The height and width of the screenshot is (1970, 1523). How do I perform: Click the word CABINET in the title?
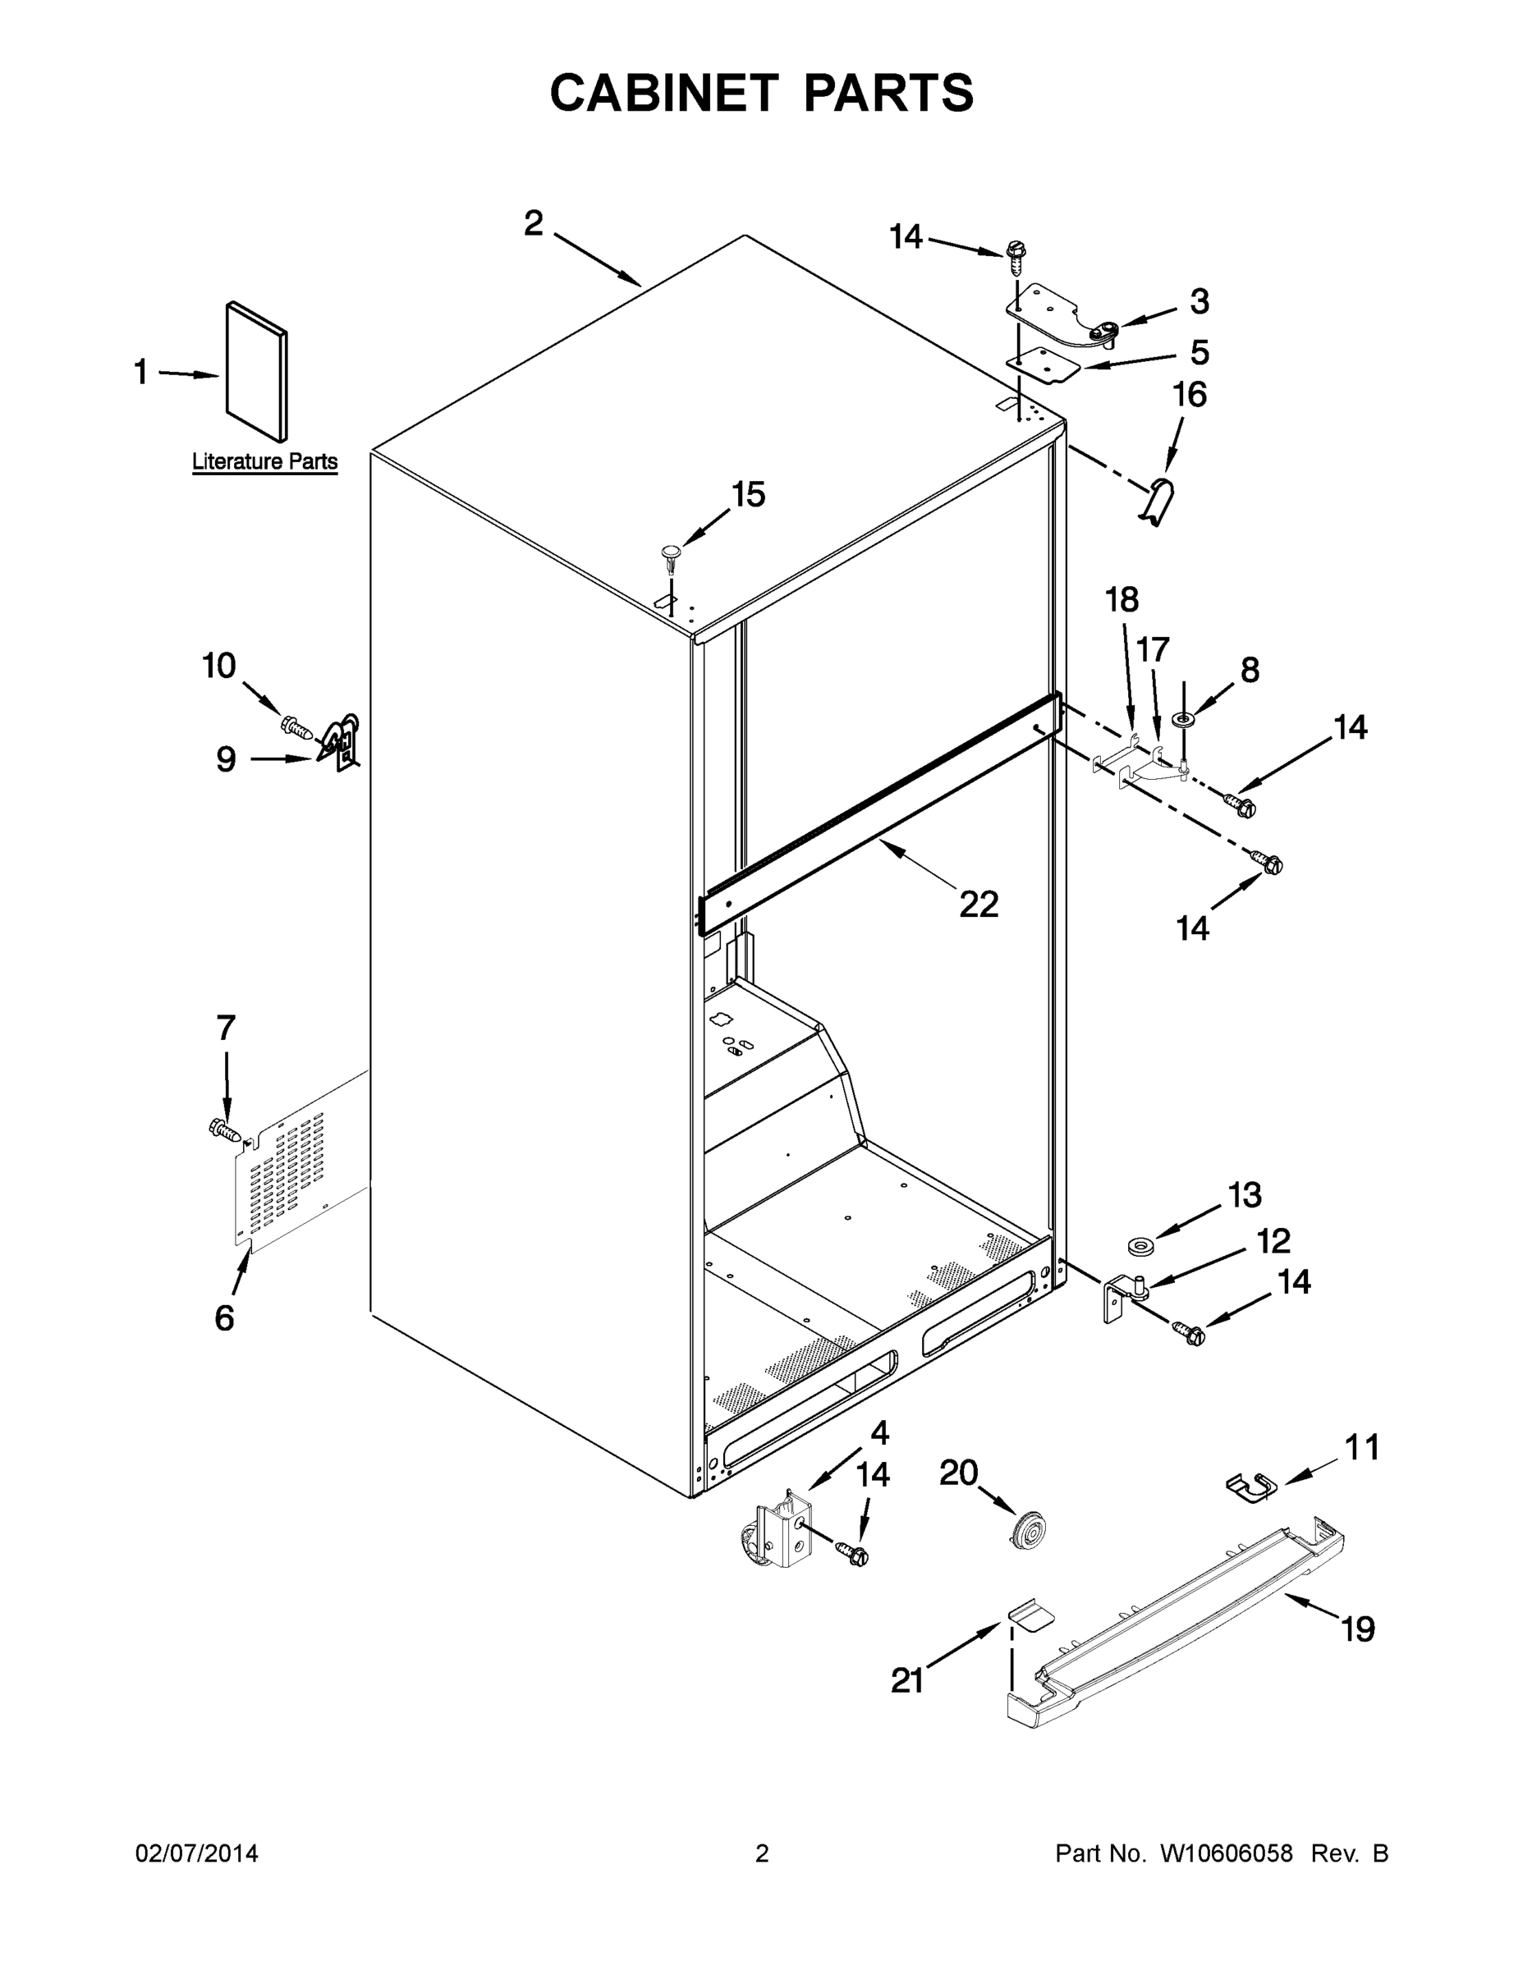(x=664, y=92)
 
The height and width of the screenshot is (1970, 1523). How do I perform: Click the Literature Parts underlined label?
(x=264, y=462)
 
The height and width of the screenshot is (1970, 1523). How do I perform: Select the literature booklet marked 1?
(x=257, y=373)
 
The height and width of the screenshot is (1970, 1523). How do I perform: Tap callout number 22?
(x=978, y=904)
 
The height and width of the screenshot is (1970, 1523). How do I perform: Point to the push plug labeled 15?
(x=672, y=555)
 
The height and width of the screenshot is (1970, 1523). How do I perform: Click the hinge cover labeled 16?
(x=1157, y=500)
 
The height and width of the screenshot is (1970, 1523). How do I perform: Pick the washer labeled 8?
(x=1182, y=719)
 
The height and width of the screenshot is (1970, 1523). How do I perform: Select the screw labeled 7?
(x=225, y=1129)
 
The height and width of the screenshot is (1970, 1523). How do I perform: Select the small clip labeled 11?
(x=1249, y=1487)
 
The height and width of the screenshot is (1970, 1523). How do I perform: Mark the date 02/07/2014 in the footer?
(x=197, y=1853)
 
